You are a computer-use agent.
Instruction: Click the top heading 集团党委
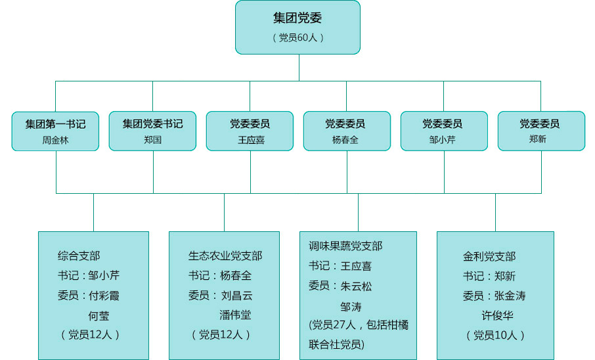pyautogui.click(x=297, y=18)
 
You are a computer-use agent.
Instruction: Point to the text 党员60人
pyautogui.click(x=297, y=37)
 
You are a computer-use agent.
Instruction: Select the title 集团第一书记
pyautogui.click(x=55, y=124)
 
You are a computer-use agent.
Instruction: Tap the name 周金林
pyautogui.click(x=55, y=140)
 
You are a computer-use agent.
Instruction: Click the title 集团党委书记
pyautogui.click(x=152, y=124)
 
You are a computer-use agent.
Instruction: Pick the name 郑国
pyautogui.click(x=152, y=140)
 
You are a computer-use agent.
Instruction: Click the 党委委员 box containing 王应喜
pyautogui.click(x=250, y=131)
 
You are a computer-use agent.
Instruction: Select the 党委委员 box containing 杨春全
pyautogui.click(x=347, y=131)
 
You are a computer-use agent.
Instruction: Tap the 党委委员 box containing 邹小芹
pyautogui.click(x=444, y=131)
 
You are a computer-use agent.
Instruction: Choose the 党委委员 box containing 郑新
pyautogui.click(x=541, y=131)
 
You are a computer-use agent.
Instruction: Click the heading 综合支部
pyautogui.click(x=79, y=256)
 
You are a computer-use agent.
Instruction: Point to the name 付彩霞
pyautogui.click(x=104, y=296)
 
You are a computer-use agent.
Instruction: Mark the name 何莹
pyautogui.click(x=99, y=315)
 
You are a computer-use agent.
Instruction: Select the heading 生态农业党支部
pyautogui.click(x=225, y=256)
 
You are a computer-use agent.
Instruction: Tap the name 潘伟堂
pyautogui.click(x=235, y=315)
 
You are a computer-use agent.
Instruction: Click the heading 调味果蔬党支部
pyautogui.click(x=345, y=246)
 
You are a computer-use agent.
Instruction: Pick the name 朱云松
pyautogui.click(x=357, y=286)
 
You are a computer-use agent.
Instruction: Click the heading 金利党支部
pyautogui.click(x=489, y=256)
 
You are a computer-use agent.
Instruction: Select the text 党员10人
pyautogui.click(x=495, y=335)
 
